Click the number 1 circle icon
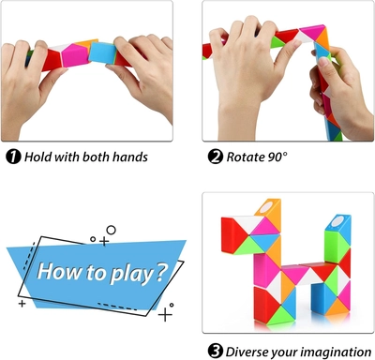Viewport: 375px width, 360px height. (x=13, y=157)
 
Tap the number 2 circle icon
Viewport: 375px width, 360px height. (x=216, y=157)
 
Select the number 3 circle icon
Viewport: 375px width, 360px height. (x=216, y=352)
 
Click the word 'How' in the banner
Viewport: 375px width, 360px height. (x=59, y=271)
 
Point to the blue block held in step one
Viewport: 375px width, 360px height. (x=102, y=53)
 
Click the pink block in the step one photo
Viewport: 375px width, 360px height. (x=75, y=55)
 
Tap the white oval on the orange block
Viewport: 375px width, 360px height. (x=266, y=207)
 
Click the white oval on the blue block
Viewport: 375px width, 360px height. (x=337, y=221)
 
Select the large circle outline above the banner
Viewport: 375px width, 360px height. (x=111, y=231)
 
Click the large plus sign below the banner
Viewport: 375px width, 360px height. (x=165, y=314)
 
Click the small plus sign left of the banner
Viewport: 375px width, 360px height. (x=22, y=303)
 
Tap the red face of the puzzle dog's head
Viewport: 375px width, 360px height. (x=231, y=234)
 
